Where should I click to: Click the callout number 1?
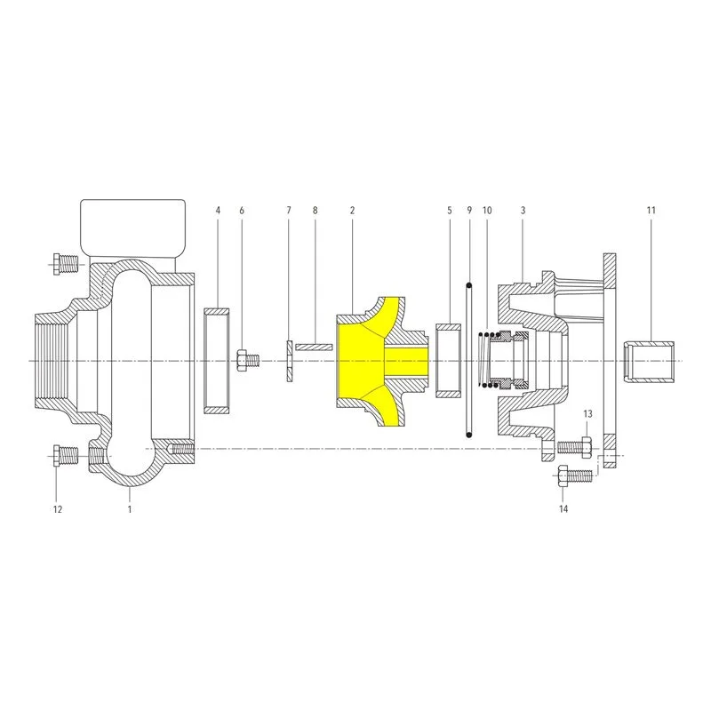click(129, 509)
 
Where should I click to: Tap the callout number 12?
click(58, 509)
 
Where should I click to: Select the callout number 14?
click(563, 509)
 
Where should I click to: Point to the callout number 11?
click(651, 211)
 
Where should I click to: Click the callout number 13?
click(587, 414)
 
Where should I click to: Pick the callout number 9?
click(469, 211)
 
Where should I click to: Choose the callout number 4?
click(218, 211)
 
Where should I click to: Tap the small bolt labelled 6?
click(247, 361)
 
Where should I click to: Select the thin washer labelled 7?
click(290, 362)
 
